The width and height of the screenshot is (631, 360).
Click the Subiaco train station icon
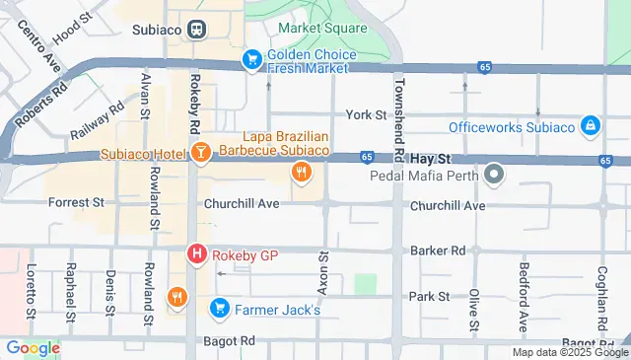click(197, 30)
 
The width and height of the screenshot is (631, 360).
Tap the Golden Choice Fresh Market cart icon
click(251, 60)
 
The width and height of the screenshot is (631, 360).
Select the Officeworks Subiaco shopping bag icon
click(589, 126)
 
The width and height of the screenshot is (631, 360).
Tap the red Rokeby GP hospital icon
click(197, 254)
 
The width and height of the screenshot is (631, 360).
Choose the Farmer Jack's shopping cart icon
click(220, 310)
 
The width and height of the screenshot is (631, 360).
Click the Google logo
click(32, 347)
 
